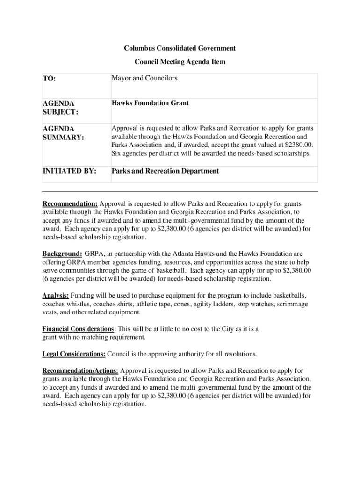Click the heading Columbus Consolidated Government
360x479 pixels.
click(180, 48)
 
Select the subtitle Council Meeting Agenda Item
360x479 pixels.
click(180, 61)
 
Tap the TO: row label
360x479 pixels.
click(49, 79)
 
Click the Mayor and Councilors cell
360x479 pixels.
click(144, 79)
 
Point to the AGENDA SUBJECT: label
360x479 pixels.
click(60, 108)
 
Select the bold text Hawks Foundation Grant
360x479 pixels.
click(150, 103)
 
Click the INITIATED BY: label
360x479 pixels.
click(69, 171)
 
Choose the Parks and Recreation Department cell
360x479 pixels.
click(165, 171)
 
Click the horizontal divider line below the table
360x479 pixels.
click(180, 191)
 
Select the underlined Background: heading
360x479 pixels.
click(63, 254)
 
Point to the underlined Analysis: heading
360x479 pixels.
click(56, 296)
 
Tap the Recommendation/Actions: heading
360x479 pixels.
click(80, 370)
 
